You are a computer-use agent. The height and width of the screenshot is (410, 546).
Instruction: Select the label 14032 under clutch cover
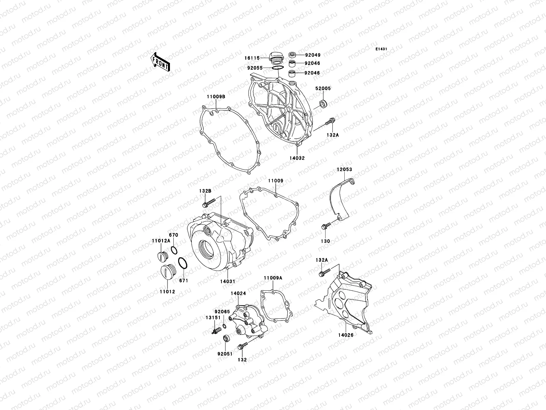(x=298, y=158)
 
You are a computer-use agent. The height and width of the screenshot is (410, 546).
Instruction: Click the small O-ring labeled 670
(x=174, y=250)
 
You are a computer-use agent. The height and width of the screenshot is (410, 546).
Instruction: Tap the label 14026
(x=346, y=335)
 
